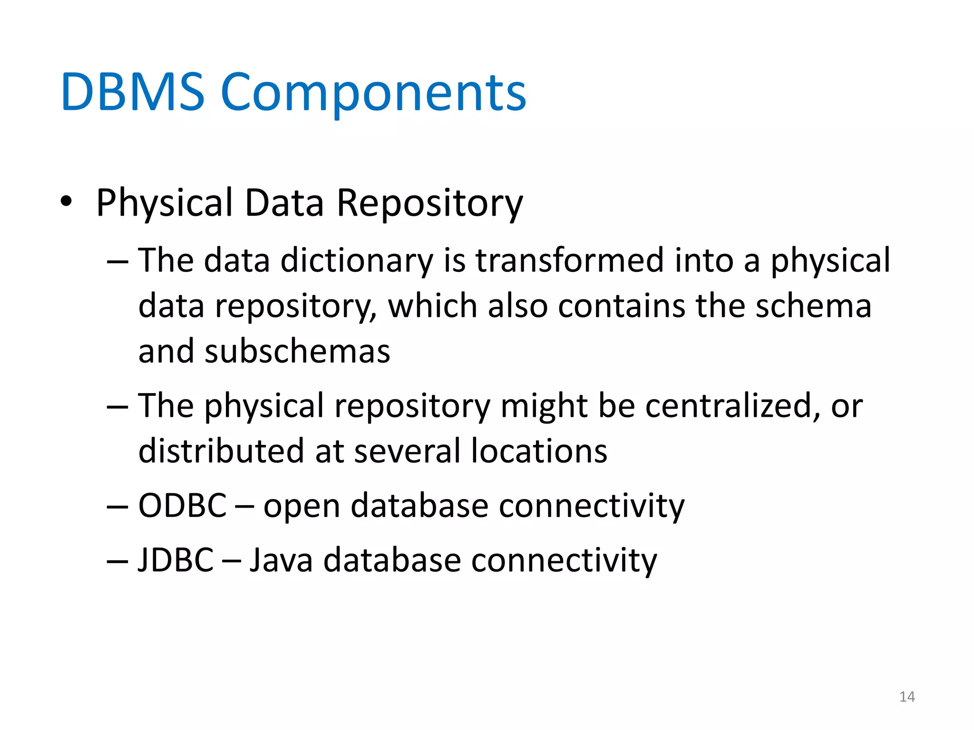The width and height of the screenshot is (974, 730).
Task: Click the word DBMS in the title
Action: pos(132,92)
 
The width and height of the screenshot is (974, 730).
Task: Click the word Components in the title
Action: pos(373,93)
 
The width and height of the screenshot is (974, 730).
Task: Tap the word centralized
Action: pos(732,406)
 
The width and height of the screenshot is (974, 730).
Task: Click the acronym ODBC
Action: pos(182,505)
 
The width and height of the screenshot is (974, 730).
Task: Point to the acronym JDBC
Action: pos(175,560)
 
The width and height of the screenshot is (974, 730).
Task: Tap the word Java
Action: pos(281,560)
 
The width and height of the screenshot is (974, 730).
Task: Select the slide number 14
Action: pos(907,697)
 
